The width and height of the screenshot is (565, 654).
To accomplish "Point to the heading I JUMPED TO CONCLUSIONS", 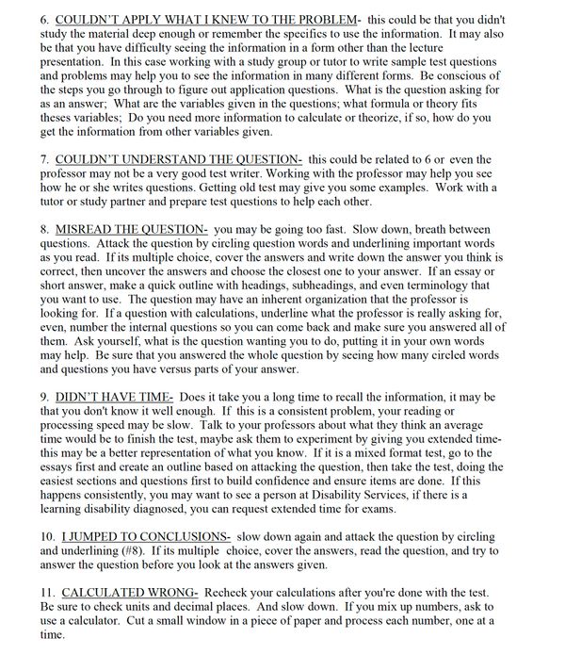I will tap(146, 534).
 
